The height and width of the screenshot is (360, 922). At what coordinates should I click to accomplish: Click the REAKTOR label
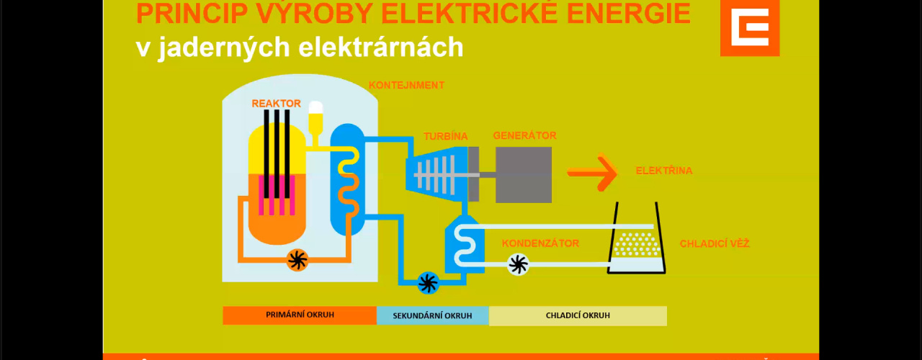coord(276,103)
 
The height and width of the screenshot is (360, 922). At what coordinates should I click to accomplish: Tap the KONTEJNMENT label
coord(406,85)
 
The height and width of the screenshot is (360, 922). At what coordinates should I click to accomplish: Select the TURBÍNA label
coord(445,136)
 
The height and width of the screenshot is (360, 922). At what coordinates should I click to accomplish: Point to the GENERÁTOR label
coord(524,135)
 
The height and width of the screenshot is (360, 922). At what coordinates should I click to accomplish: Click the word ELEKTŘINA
coord(664,171)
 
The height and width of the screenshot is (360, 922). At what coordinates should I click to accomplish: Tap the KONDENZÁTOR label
coord(540,243)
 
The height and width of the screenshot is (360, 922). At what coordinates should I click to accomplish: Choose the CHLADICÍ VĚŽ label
coord(715,243)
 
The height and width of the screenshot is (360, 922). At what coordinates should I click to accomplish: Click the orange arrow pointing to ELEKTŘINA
coord(593,172)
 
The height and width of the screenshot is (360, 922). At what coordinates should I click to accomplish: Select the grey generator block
coord(524,174)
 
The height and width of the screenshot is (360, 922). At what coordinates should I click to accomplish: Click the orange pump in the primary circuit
coord(297,260)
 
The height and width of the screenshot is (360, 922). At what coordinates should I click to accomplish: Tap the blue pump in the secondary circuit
coord(428,283)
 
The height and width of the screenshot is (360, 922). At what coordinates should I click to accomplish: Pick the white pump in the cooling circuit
coord(518,264)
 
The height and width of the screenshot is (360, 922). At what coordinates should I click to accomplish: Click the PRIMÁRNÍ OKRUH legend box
coord(300,315)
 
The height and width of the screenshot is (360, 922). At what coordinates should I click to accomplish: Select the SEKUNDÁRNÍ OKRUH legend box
coord(433,315)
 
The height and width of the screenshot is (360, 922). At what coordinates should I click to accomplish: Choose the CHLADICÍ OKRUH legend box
coord(578,315)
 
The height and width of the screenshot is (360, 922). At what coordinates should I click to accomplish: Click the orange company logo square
coord(750,27)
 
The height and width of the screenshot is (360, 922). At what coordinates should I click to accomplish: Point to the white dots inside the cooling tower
coord(637,244)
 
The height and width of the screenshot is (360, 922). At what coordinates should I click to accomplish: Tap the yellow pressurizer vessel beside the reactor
coord(315,120)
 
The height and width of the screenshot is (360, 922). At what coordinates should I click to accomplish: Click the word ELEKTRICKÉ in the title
coord(470,14)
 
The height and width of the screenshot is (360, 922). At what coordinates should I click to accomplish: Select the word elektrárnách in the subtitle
coord(381,48)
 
